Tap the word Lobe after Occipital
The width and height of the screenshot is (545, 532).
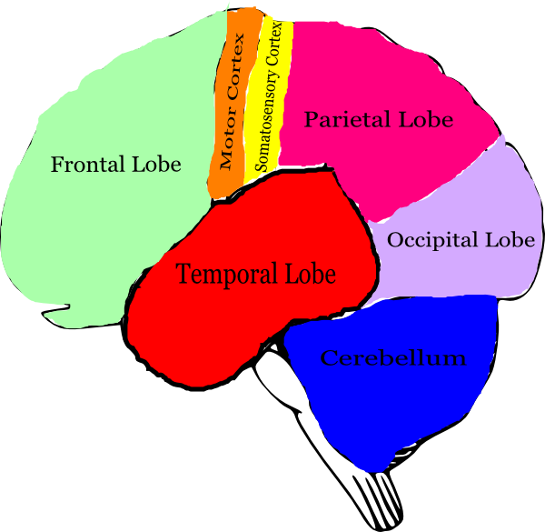pos(510,240)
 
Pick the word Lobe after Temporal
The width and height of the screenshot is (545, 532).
pos(311,273)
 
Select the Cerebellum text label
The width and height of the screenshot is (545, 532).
pos(392,357)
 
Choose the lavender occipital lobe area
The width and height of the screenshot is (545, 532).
pos(454,273)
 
